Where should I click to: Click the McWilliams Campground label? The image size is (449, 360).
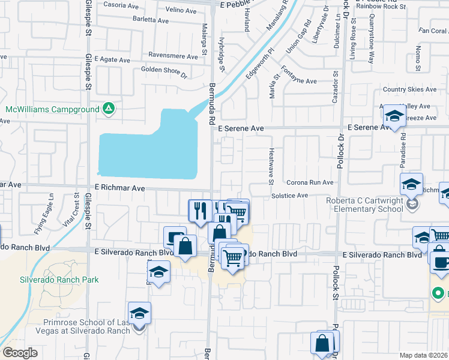click(x=52, y=110)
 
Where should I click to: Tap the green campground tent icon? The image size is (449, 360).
click(x=109, y=109)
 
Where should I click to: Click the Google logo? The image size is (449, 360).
click(x=20, y=353)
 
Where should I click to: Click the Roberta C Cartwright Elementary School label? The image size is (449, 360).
click(x=365, y=205)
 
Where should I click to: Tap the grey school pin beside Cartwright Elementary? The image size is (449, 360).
click(x=412, y=205)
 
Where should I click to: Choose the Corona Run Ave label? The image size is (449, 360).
click(x=309, y=182)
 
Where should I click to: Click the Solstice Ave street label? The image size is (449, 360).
click(x=289, y=196)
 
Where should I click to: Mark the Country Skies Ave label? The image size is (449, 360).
click(x=409, y=89)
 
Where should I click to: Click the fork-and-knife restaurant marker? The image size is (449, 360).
click(x=200, y=211)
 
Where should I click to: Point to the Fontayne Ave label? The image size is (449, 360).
click(x=298, y=81)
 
